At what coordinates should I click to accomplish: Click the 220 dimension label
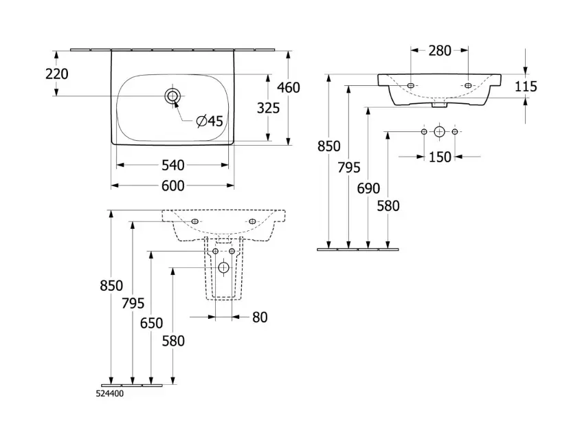(57, 74)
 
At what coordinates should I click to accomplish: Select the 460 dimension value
(289, 88)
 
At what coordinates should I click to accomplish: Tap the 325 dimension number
(269, 108)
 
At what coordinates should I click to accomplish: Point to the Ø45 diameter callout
(210, 121)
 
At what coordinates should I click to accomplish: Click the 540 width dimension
(173, 165)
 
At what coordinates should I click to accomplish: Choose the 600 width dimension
(173, 186)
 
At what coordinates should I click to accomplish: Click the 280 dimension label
(440, 50)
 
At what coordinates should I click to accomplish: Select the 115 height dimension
(526, 87)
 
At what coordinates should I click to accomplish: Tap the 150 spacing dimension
(440, 157)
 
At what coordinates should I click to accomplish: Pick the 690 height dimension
(368, 188)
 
